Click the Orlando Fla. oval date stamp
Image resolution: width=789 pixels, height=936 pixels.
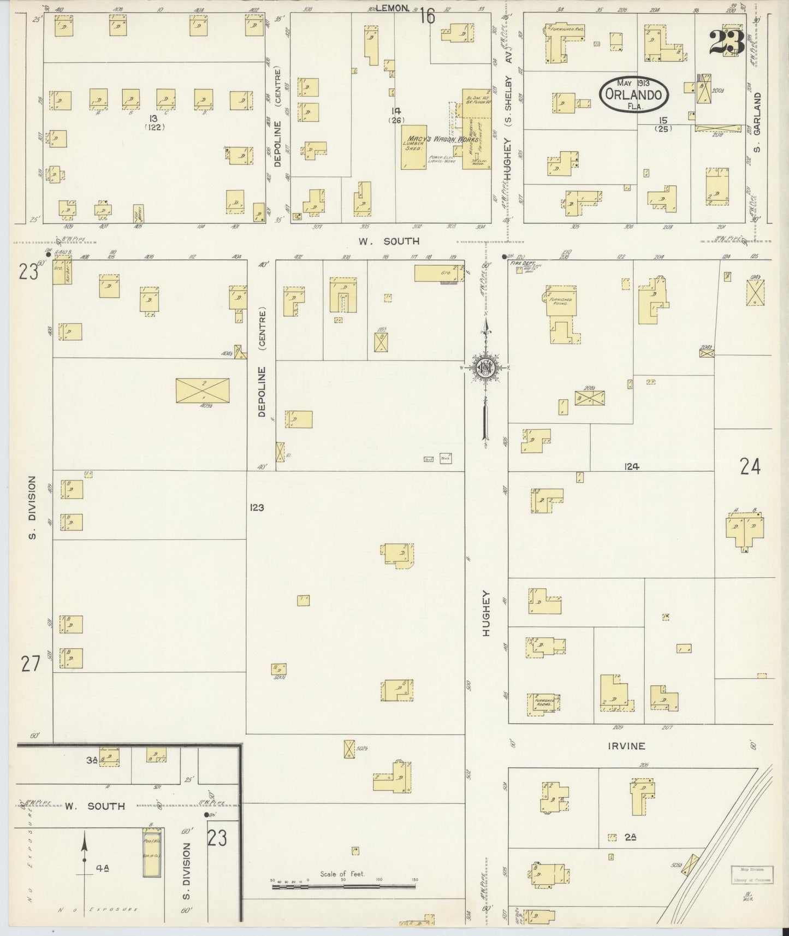pyautogui.click(x=634, y=94)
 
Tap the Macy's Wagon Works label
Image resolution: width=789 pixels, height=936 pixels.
pyautogui.click(x=441, y=139)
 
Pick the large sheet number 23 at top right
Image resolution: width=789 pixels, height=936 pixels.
pyautogui.click(x=727, y=43)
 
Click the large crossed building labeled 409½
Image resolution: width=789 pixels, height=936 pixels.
pyautogui.click(x=203, y=391)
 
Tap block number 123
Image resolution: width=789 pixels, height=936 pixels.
pyautogui.click(x=257, y=508)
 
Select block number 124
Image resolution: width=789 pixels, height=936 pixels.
pyautogui.click(x=633, y=466)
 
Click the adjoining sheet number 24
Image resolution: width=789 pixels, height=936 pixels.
pyautogui.click(x=750, y=466)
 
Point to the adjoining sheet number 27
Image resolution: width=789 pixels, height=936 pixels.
pyautogui.click(x=31, y=664)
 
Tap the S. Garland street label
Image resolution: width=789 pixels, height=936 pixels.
pyautogui.click(x=757, y=122)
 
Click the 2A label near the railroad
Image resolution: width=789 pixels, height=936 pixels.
pyautogui.click(x=630, y=837)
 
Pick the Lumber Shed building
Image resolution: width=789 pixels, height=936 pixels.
pyautogui.click(x=414, y=147)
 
